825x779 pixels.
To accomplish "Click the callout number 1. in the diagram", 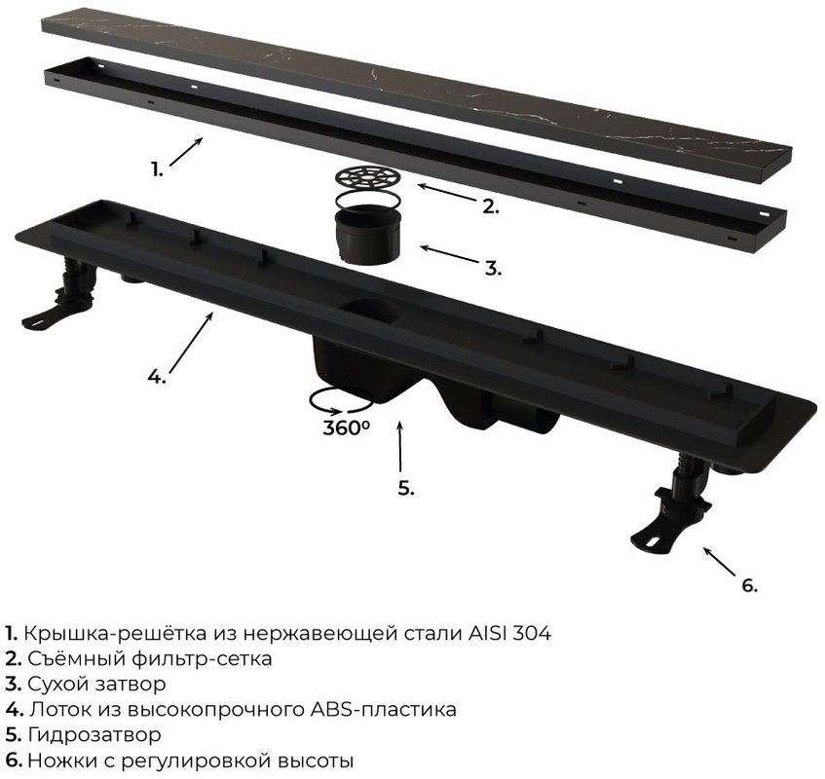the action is point(158,169).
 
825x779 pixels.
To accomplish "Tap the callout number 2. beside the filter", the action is point(490,206).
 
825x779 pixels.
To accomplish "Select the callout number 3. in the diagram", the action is point(493,268).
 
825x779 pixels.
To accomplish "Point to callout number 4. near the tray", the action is point(156,376).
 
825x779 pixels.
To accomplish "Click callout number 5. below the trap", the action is point(405,488).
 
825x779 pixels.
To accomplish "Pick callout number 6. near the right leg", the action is point(750,585).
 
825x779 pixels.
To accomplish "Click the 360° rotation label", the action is point(346,427).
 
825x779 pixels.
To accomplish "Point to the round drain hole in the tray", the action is point(368,312).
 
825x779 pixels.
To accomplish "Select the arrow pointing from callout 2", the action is point(447,193).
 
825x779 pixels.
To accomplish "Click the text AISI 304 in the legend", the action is point(509,633).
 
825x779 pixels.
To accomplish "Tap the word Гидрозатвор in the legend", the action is point(94,734).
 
